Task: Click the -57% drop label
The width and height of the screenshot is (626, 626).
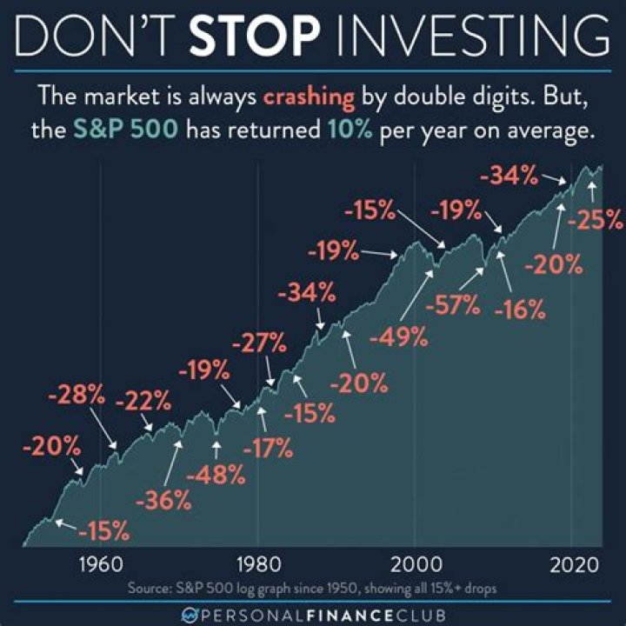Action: [452, 305]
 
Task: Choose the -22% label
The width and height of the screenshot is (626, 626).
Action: [143, 403]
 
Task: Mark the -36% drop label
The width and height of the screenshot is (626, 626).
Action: [163, 501]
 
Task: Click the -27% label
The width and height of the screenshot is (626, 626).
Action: [258, 342]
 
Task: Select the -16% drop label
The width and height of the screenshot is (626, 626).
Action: [520, 307]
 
